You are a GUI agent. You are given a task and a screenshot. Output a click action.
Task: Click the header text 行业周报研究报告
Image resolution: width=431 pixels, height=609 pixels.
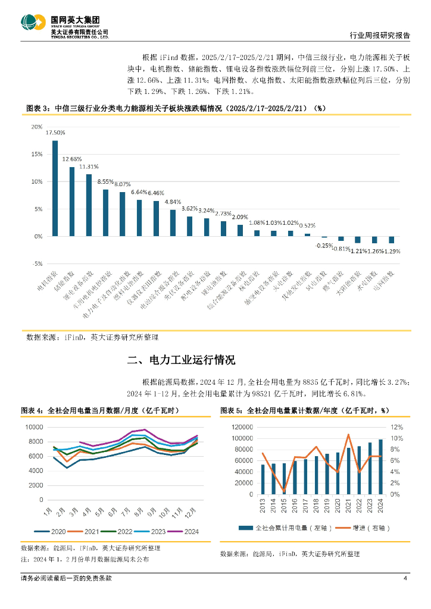click(x=377, y=36)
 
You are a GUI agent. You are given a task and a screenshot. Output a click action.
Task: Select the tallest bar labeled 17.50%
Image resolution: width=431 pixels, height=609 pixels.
click(x=55, y=188)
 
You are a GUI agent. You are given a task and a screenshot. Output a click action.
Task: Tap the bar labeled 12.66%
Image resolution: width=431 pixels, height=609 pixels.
click(x=72, y=201)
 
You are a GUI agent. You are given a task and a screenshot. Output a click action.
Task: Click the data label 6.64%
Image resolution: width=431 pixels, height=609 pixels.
click(x=139, y=192)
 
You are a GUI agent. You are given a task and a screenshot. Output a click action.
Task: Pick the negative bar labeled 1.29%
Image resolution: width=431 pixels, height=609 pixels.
click(x=392, y=240)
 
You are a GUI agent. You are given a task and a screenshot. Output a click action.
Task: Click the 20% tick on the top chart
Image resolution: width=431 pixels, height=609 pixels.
click(x=37, y=127)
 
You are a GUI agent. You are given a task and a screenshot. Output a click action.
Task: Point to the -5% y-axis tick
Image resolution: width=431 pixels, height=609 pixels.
click(x=37, y=263)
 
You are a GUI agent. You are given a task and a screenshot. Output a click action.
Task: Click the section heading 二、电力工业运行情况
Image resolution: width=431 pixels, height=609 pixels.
click(x=182, y=360)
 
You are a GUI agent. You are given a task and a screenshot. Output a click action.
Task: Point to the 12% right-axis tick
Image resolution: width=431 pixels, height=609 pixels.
click(x=396, y=428)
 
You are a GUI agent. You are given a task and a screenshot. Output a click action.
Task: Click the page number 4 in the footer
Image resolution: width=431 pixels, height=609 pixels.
click(x=405, y=579)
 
